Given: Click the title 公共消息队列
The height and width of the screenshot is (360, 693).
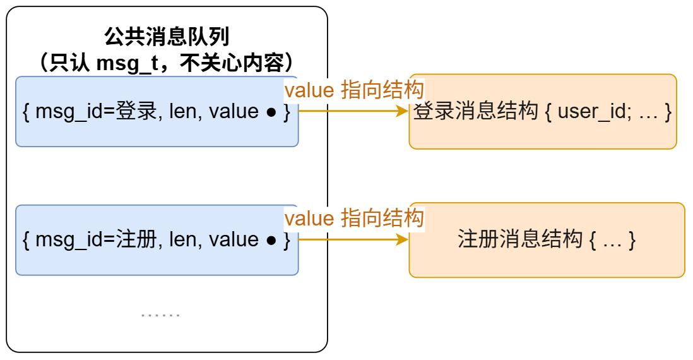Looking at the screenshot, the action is (167, 37).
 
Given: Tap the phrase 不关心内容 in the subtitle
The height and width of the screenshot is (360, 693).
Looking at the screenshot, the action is (232, 63).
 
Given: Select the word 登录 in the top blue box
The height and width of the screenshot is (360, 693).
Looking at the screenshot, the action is (136, 111).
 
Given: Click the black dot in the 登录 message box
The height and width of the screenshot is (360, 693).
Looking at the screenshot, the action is (271, 112).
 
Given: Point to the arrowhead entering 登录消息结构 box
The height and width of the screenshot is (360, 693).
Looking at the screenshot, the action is (403, 111).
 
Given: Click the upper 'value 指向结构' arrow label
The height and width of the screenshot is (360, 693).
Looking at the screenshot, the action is (354, 90).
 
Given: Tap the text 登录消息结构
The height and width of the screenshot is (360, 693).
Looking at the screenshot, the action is (475, 111).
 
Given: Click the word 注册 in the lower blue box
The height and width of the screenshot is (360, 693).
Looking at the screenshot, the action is (136, 239).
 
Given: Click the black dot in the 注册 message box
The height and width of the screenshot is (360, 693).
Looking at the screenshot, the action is (271, 241).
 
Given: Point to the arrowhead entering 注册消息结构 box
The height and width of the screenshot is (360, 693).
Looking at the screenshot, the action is (403, 240).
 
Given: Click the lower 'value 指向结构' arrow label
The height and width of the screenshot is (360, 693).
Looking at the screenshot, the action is (354, 219).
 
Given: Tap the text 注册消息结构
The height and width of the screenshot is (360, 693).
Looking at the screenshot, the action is (520, 239).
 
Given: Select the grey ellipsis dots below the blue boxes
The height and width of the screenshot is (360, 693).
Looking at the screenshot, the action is (160, 315).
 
